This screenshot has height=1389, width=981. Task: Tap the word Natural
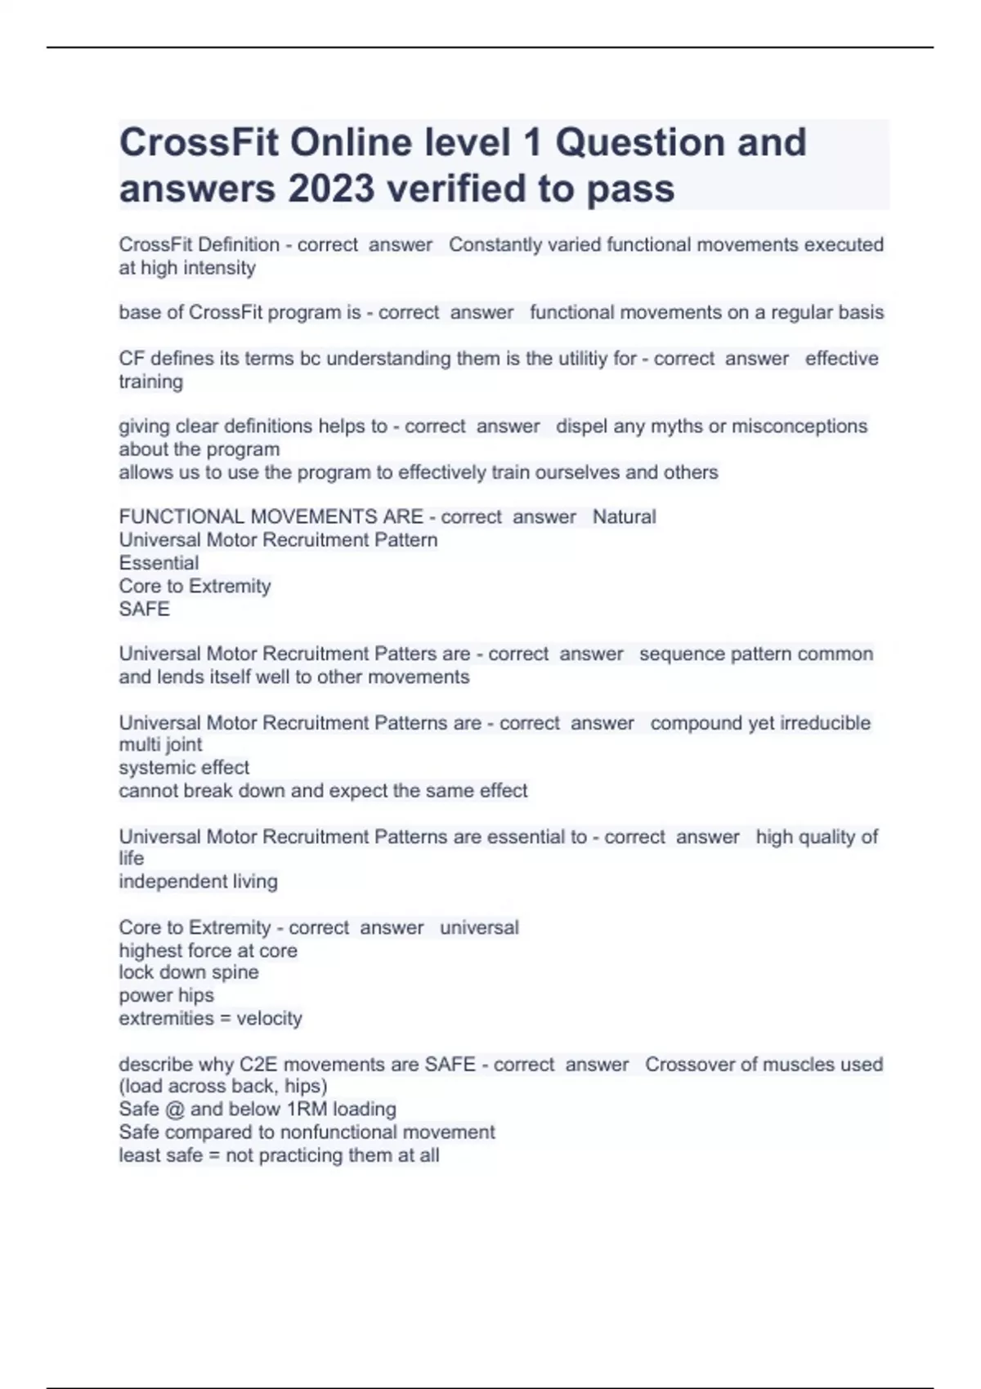624,517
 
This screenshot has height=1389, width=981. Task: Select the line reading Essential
159,563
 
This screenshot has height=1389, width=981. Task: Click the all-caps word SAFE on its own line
145,609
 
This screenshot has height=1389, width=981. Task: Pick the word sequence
680,654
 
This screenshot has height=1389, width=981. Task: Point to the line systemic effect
184,768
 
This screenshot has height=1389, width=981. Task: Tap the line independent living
198,882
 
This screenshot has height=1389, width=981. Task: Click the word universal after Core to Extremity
479,928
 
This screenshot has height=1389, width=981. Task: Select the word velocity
269,1019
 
